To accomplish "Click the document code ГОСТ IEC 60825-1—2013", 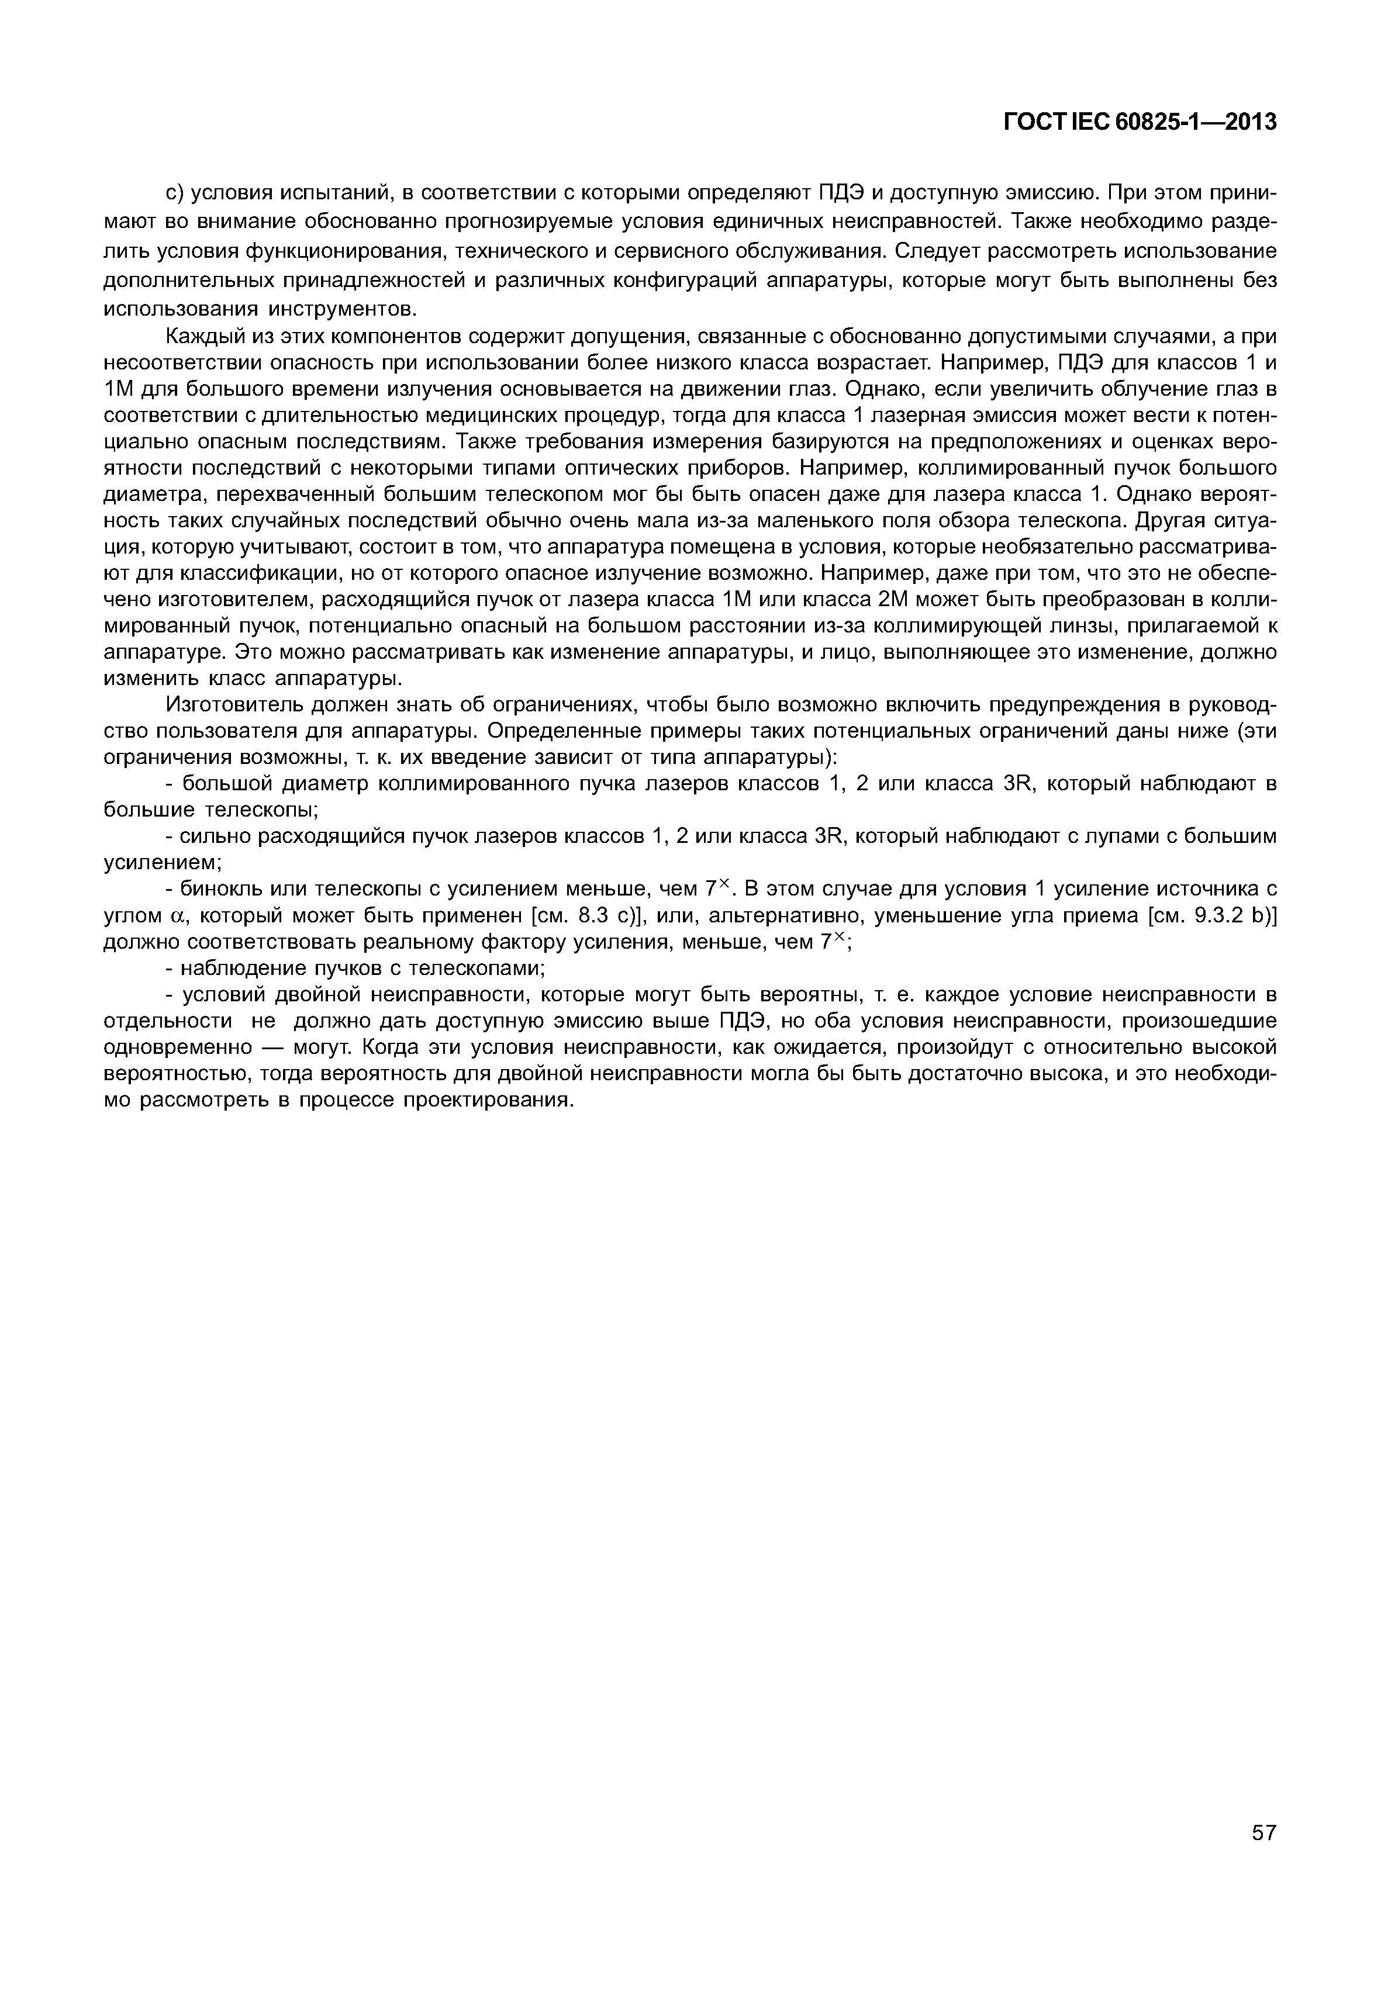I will [1140, 123].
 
